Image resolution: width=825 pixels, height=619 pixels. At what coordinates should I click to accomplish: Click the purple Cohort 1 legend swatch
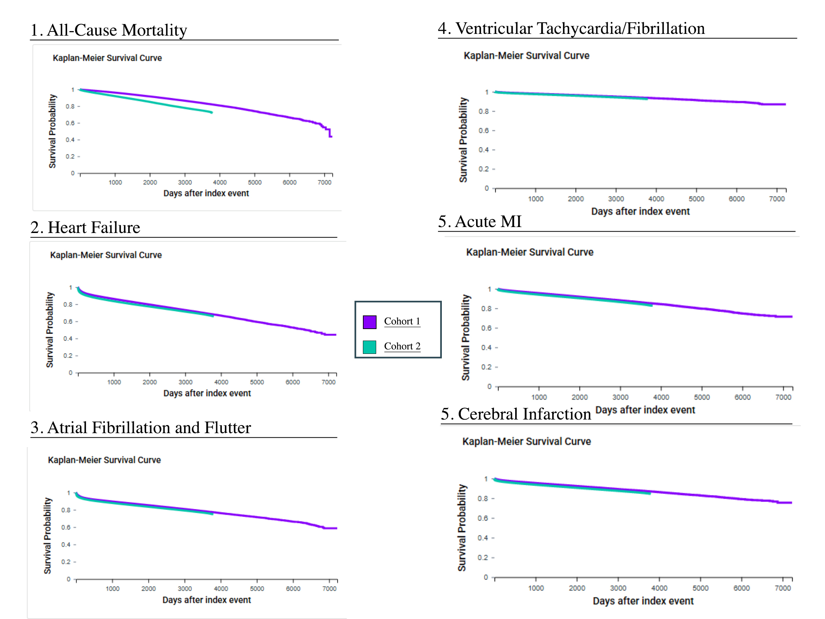pos(369,322)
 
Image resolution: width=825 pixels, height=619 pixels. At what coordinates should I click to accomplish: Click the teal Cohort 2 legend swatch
pos(369,347)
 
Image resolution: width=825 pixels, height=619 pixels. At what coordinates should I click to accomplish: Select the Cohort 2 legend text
pos(402,346)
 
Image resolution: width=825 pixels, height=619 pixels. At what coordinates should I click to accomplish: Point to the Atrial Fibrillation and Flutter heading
pos(141,428)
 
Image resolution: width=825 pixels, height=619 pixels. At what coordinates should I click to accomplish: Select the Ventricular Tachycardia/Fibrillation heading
pos(571,29)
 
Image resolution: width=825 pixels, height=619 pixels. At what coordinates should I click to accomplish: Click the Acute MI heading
pos(480,221)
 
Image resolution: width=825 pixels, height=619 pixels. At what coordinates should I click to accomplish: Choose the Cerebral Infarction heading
pos(516,414)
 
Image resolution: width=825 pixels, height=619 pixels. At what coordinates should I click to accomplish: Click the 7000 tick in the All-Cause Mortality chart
pos(324,182)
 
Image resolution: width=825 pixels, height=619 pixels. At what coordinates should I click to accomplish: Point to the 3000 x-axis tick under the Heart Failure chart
pos(185,382)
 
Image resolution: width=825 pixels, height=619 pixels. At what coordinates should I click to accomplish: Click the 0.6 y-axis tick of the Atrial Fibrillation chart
pos(66,527)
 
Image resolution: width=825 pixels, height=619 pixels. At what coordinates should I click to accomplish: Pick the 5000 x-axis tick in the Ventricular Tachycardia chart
pos(696,199)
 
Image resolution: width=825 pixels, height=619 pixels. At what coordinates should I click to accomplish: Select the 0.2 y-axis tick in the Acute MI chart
pos(486,367)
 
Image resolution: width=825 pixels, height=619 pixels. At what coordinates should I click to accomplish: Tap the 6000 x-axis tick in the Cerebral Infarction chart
pos(742,588)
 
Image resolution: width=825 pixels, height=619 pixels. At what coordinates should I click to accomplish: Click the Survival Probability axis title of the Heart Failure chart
pos(50,330)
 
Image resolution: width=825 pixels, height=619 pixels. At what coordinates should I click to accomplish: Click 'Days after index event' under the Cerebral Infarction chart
pos(643,601)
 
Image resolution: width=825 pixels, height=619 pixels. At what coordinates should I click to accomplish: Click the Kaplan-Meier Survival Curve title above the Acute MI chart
pos(530,252)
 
